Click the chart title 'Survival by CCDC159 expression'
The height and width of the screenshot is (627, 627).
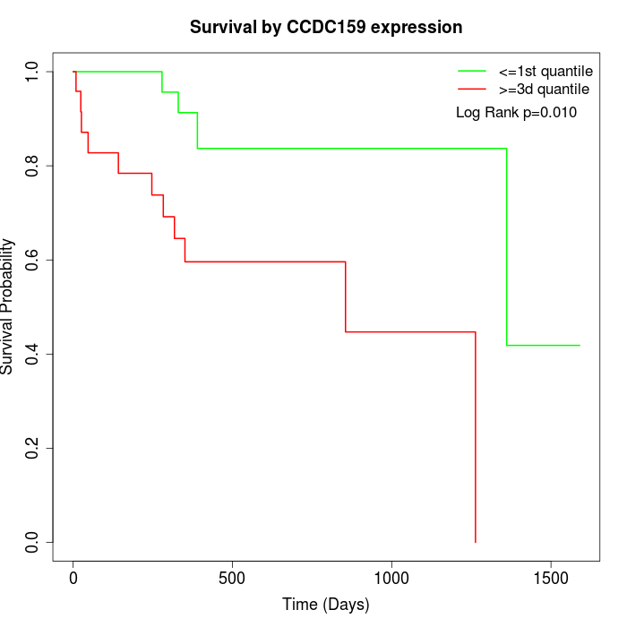click(x=326, y=28)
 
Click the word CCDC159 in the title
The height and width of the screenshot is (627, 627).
click(x=323, y=28)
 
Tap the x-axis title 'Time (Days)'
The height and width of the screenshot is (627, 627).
click(x=326, y=605)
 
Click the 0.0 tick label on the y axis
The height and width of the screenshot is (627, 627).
click(x=33, y=542)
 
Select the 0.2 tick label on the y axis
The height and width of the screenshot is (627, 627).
click(x=33, y=448)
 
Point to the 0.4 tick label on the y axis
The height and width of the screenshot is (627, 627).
click(x=33, y=354)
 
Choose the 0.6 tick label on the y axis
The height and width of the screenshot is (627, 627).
click(x=33, y=260)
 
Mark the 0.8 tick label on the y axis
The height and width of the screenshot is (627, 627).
click(x=33, y=166)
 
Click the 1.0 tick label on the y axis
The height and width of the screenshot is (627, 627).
click(x=33, y=72)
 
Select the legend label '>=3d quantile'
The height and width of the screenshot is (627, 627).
click(x=544, y=90)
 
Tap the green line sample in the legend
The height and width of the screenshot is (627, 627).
click(x=472, y=71)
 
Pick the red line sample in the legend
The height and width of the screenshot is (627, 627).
click(x=472, y=90)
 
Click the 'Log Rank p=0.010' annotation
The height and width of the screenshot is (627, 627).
click(x=516, y=113)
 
